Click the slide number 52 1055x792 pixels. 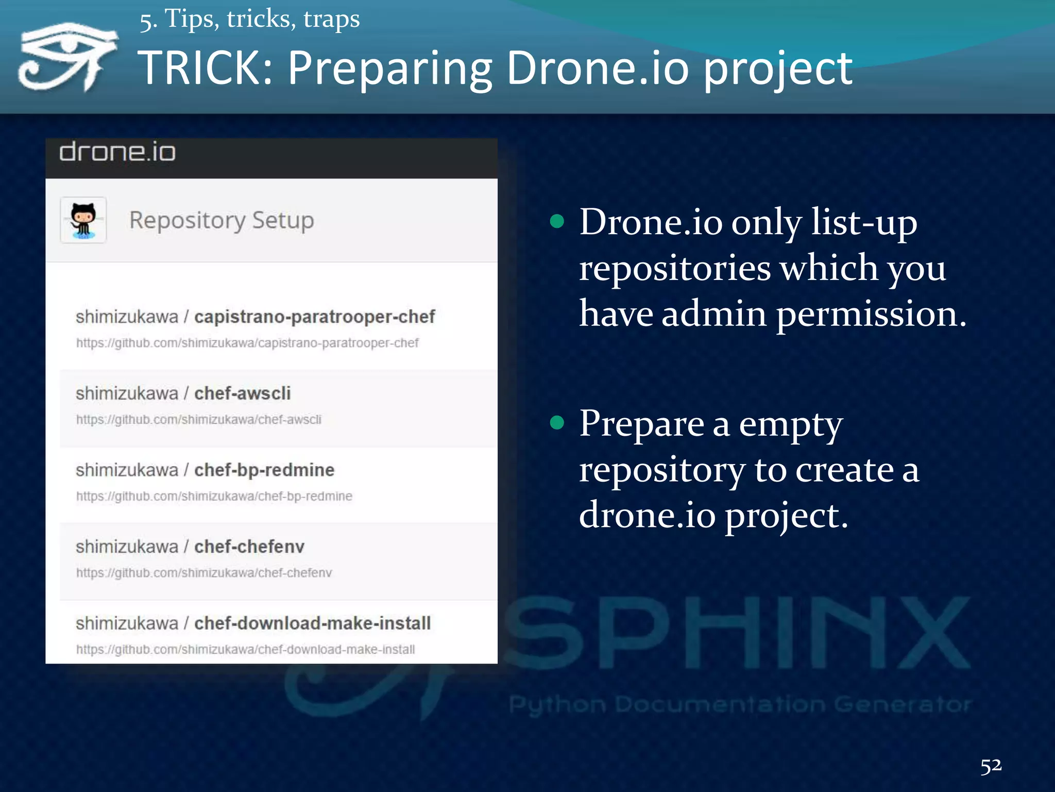click(x=991, y=766)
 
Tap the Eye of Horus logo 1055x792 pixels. click(x=67, y=57)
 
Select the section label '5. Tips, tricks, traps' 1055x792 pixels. click(x=250, y=20)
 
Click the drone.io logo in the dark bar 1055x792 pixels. click(x=117, y=153)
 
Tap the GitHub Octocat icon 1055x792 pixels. click(x=83, y=220)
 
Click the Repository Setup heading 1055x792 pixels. click(x=222, y=220)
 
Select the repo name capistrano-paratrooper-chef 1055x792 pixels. click(x=314, y=317)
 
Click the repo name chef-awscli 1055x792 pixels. click(x=242, y=393)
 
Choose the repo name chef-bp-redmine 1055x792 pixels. click(x=264, y=470)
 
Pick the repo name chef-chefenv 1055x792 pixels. click(x=249, y=547)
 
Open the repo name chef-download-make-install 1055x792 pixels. click(x=312, y=623)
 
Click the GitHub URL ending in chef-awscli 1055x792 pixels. click(x=199, y=420)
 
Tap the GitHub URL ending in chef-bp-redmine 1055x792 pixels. click(x=214, y=496)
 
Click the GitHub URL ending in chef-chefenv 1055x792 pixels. click(x=204, y=573)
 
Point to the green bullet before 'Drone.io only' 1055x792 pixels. click(x=557, y=222)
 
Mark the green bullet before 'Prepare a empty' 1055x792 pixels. click(x=557, y=423)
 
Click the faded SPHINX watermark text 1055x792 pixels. click(x=737, y=634)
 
